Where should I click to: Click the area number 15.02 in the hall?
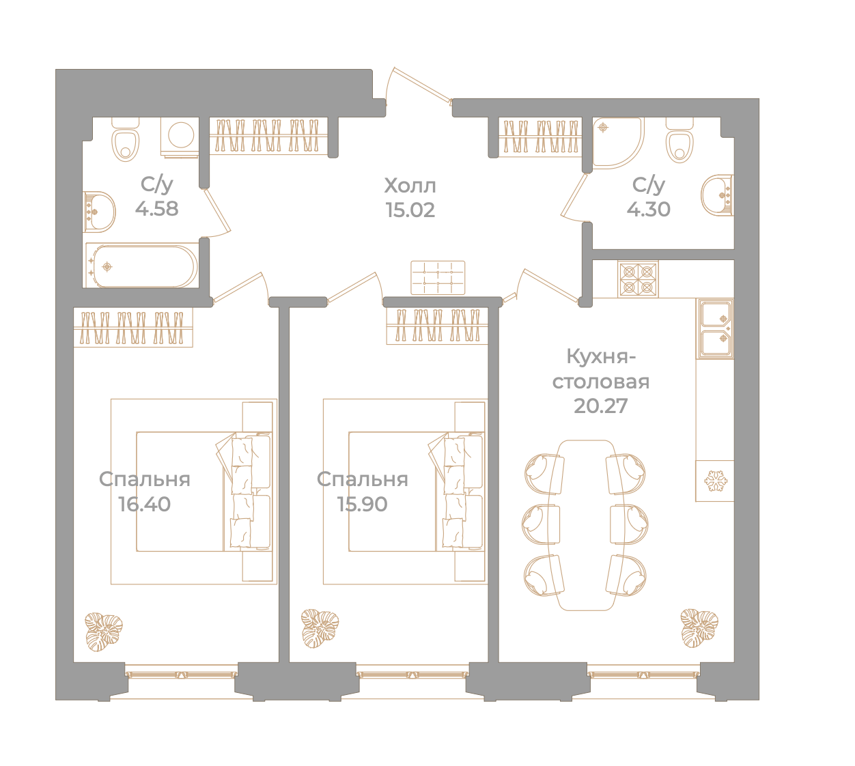click(410, 210)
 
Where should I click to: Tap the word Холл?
click(410, 185)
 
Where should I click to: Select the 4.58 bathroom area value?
click(156, 208)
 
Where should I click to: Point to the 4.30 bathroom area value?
click(648, 209)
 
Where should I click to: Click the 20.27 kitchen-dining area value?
click(600, 406)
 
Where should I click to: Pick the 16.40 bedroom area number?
click(144, 504)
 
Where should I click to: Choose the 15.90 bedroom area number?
click(362, 504)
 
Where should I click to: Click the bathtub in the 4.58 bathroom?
click(142, 266)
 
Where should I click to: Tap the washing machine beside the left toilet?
click(180, 137)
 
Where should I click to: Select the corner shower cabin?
click(618, 142)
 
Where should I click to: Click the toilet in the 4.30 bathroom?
click(679, 140)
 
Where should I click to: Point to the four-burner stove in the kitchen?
click(638, 279)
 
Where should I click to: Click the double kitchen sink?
click(715, 329)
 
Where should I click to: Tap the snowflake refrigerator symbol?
click(716, 481)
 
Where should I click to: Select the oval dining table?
click(586, 525)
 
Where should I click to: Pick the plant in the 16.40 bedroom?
click(103, 632)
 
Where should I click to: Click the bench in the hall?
click(438, 277)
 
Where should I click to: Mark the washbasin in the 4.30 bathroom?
click(717, 195)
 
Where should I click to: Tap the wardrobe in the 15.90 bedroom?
click(437, 326)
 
